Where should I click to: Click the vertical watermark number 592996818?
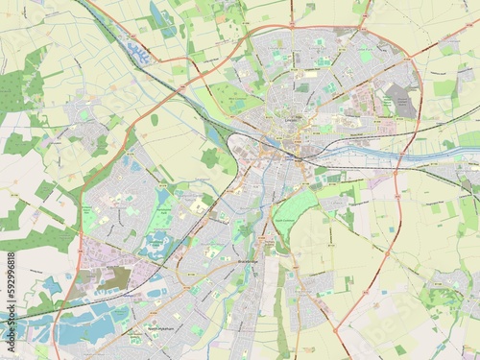click(x=9, y=287)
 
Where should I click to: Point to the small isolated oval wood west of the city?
click(x=154, y=120)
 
